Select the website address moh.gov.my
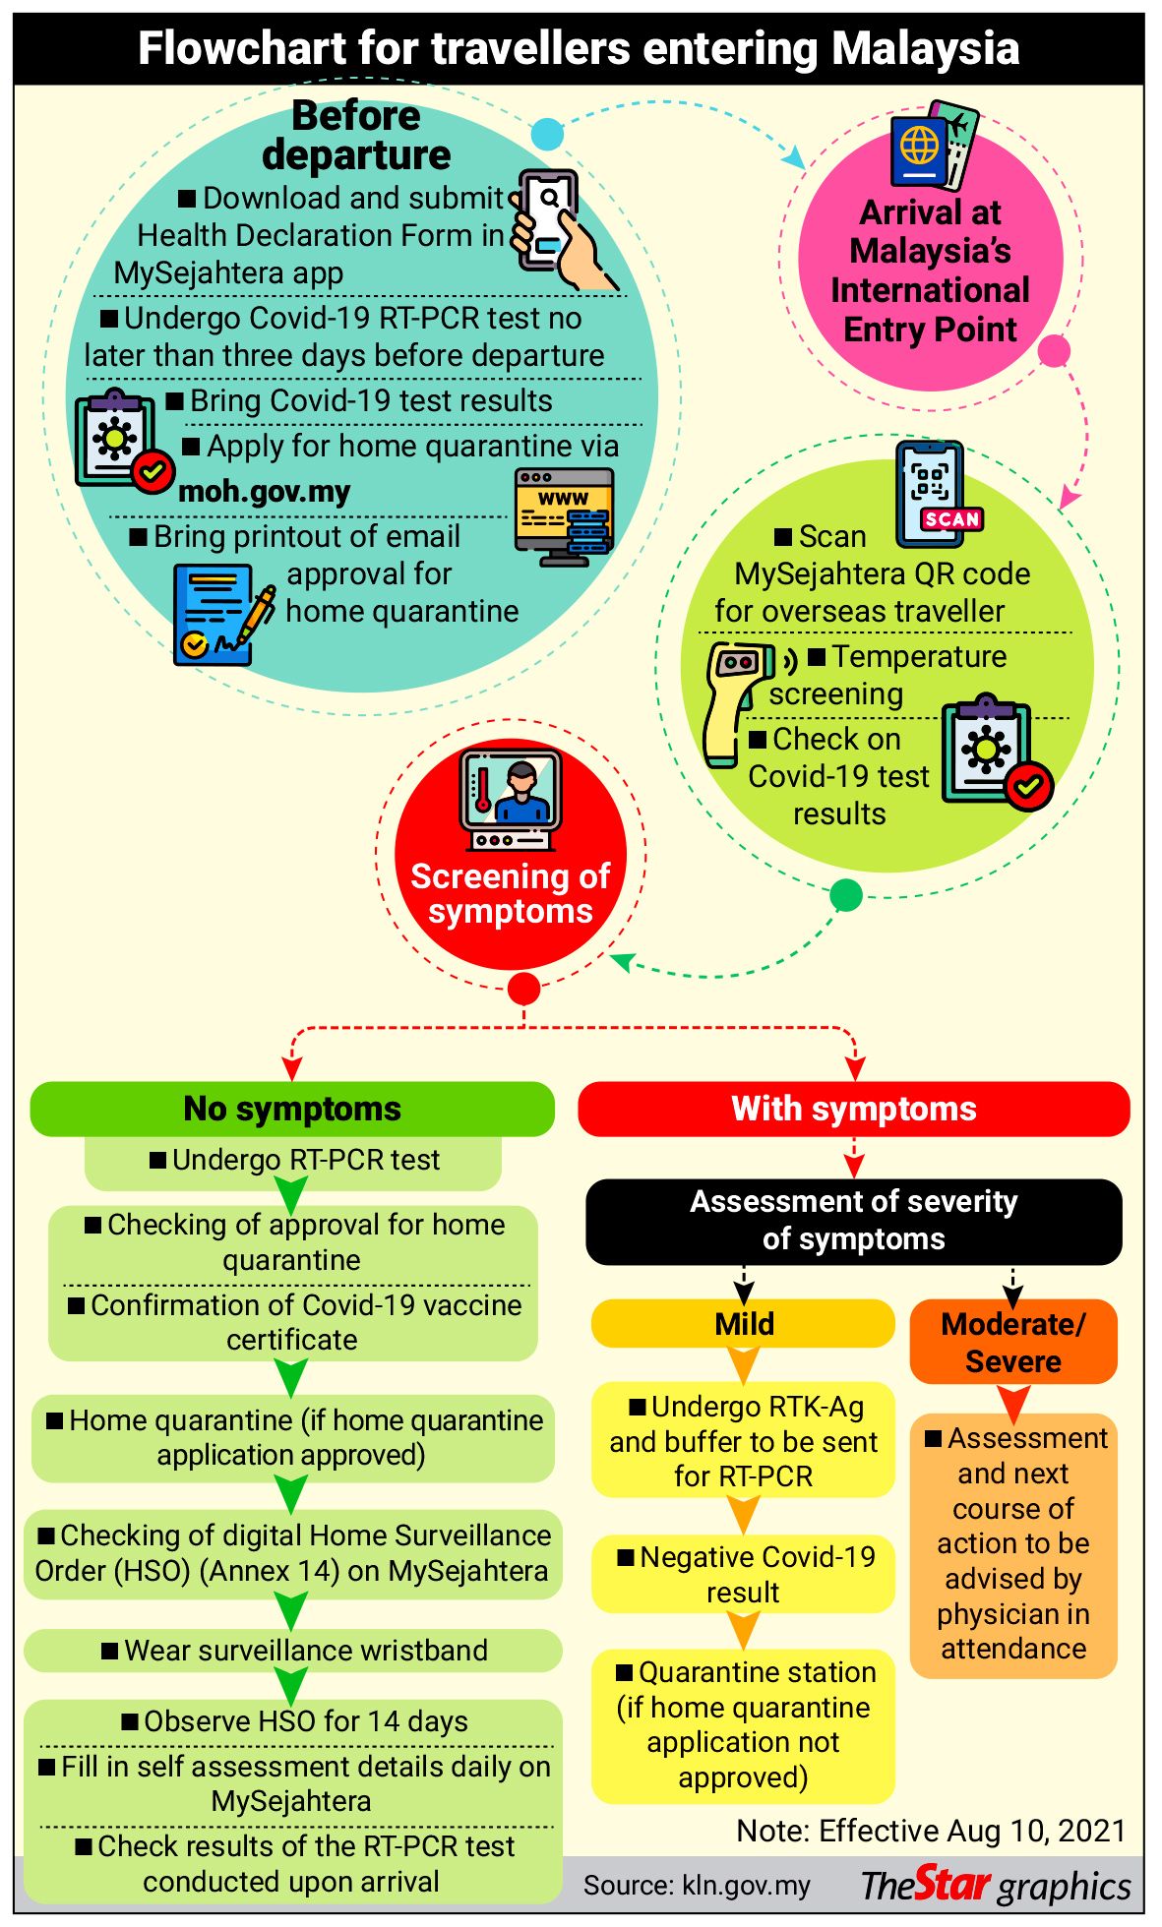(x=264, y=491)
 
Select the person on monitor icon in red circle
(x=510, y=799)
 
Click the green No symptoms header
(x=292, y=1109)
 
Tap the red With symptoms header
(x=853, y=1109)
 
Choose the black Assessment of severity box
(x=853, y=1221)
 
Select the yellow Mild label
(x=743, y=1323)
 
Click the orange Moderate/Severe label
(x=1012, y=1342)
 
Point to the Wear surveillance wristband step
(x=293, y=1650)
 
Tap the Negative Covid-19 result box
(x=743, y=1574)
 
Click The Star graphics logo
(x=995, y=1885)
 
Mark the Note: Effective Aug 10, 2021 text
(x=931, y=1831)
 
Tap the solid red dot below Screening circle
(x=523, y=988)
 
